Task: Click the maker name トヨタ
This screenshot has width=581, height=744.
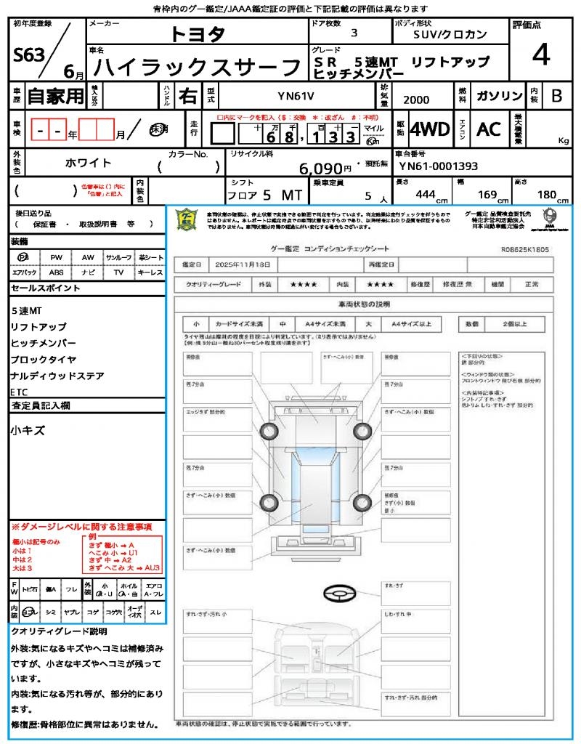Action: click(198, 34)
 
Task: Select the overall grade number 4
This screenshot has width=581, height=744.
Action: click(540, 54)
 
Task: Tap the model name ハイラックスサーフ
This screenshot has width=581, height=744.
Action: click(198, 68)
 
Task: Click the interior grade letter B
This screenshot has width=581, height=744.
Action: click(556, 95)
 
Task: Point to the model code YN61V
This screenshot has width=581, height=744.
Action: click(297, 96)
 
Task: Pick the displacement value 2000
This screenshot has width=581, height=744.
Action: click(416, 100)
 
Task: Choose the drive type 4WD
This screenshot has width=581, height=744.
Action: click(430, 129)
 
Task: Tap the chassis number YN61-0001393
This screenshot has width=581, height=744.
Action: click(438, 166)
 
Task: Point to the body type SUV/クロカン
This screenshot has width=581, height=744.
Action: click(450, 34)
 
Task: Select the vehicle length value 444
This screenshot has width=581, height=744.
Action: click(425, 194)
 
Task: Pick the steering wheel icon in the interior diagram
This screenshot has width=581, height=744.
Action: click(335, 595)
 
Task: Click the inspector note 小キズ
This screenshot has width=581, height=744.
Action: click(28, 431)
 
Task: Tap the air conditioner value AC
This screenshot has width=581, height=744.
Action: click(489, 129)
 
